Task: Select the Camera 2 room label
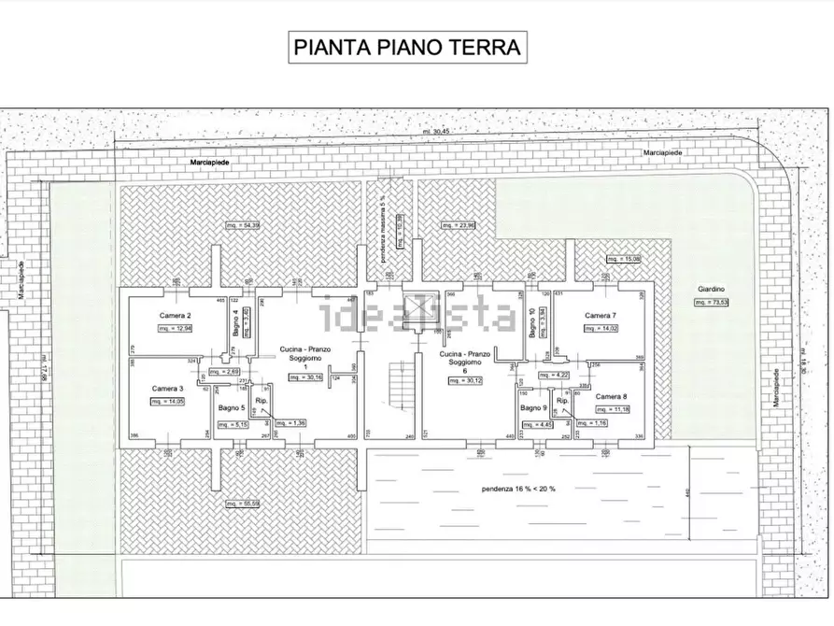click(x=176, y=316)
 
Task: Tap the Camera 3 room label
click(x=168, y=388)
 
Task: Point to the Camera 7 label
click(x=601, y=316)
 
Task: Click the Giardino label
click(x=710, y=290)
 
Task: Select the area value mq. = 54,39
click(x=243, y=225)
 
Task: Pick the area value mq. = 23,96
click(x=459, y=225)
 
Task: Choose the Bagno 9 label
click(x=532, y=409)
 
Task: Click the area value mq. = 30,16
click(x=303, y=377)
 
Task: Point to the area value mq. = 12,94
click(x=175, y=329)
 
